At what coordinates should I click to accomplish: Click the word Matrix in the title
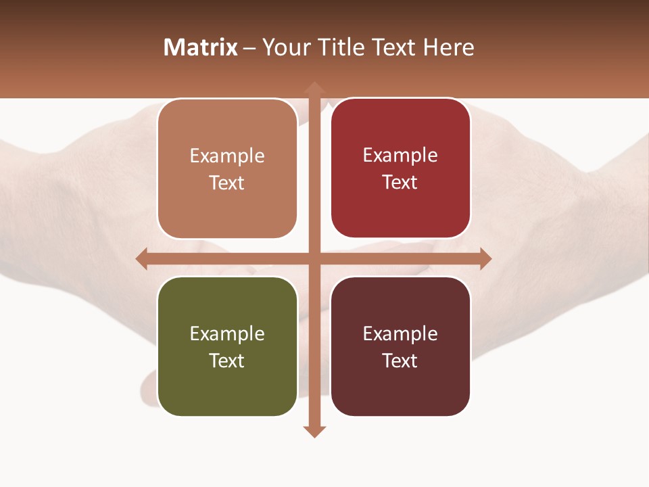(x=201, y=47)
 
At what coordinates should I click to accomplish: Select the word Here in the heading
(x=448, y=47)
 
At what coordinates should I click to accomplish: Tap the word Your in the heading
(x=284, y=47)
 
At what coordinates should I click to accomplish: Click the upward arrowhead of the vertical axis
(x=314, y=88)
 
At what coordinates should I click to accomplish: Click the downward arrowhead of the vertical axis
(x=314, y=431)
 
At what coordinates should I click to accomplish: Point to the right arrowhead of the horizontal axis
(x=485, y=258)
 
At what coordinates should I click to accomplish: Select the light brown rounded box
(x=227, y=169)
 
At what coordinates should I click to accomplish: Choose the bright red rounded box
(x=400, y=168)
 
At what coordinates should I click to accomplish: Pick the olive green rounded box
(x=227, y=347)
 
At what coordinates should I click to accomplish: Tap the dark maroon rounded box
(x=400, y=346)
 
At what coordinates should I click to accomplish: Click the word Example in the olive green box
(x=227, y=333)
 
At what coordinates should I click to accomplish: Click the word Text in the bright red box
(x=400, y=182)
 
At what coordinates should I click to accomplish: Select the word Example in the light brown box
(x=227, y=156)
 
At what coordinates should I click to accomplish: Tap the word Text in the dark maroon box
(x=400, y=361)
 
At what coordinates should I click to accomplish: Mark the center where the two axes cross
(x=314, y=258)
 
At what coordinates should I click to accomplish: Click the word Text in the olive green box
(x=227, y=361)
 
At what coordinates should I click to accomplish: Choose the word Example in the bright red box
(x=400, y=155)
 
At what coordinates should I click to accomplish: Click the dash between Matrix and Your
(x=250, y=48)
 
